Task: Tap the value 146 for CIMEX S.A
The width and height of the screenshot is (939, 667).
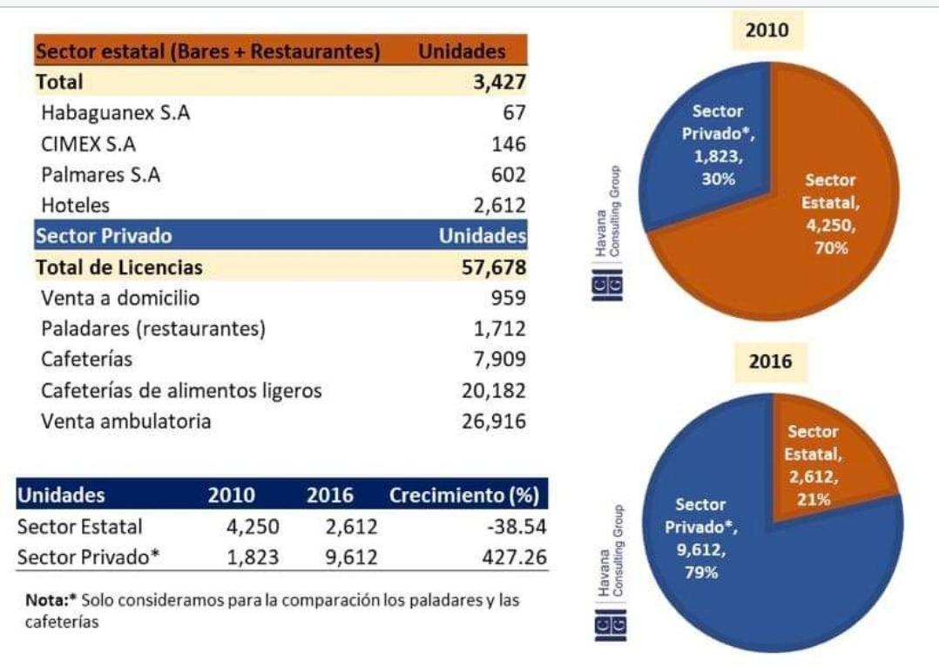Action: [x=510, y=144]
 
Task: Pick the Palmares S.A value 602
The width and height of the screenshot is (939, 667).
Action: [x=510, y=174]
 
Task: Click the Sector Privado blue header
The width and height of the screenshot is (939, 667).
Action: [x=104, y=236]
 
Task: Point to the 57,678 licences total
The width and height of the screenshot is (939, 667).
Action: [x=494, y=267]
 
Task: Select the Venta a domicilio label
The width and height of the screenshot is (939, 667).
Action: [x=120, y=298]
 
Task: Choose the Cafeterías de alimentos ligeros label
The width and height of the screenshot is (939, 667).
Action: [x=181, y=390]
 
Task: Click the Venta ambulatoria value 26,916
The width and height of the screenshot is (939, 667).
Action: [x=494, y=421]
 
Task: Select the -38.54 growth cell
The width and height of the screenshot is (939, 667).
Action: [x=517, y=527]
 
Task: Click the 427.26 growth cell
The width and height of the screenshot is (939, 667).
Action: [x=515, y=557]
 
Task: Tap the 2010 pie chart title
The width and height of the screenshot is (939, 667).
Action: [x=767, y=30]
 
